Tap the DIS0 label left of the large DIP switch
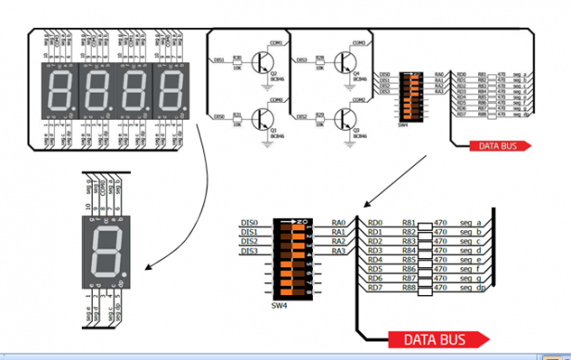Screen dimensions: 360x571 pos(248,223)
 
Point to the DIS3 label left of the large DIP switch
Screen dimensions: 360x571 pos(248,251)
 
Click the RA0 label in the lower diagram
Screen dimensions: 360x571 pos(338,223)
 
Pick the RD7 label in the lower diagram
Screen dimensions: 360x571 pos(375,288)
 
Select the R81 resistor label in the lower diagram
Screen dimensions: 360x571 pos(409,223)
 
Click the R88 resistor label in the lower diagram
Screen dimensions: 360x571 pos(409,288)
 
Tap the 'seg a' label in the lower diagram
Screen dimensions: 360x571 pos(471,223)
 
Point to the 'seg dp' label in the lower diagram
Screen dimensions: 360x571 pos(473,288)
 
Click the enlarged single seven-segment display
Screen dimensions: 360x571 pos(104,253)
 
